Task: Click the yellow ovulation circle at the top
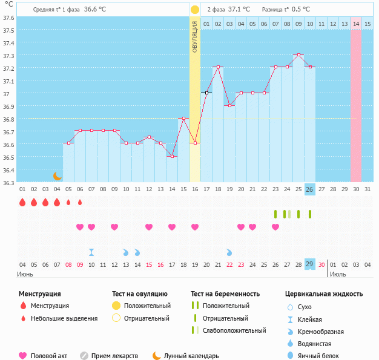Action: click(195, 10)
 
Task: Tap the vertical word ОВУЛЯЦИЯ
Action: click(195, 36)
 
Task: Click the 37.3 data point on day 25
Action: click(298, 54)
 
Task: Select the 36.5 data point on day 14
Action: click(172, 156)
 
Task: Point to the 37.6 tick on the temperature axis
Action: click(9, 18)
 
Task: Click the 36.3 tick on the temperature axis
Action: click(9, 182)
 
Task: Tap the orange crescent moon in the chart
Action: click(57, 175)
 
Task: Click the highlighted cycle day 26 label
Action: click(310, 189)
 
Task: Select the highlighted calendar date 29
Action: click(310, 264)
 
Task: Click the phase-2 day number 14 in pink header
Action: click(356, 24)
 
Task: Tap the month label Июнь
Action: click(25, 274)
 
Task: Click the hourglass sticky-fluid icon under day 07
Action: click(91, 252)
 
